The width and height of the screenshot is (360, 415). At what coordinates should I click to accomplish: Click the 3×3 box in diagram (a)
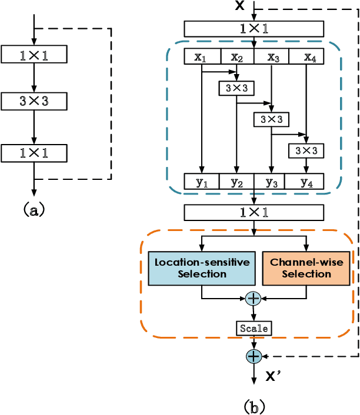34,101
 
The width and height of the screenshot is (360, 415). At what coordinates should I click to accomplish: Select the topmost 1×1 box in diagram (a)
34,55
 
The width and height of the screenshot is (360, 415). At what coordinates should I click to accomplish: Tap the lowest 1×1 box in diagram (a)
34,153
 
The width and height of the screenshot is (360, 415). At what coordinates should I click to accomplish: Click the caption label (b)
254,406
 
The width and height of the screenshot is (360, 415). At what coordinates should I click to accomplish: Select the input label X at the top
240,6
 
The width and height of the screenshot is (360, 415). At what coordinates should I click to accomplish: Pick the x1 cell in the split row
202,56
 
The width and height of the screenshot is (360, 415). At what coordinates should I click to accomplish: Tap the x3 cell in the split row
271,56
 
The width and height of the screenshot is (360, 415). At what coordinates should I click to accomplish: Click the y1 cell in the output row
202,182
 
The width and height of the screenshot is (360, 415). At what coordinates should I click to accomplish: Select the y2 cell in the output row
236,182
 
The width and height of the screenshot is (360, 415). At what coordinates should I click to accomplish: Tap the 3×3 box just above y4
305,150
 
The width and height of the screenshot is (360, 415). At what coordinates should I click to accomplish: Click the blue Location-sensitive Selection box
202,268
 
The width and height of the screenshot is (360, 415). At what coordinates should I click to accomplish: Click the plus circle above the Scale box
254,299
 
